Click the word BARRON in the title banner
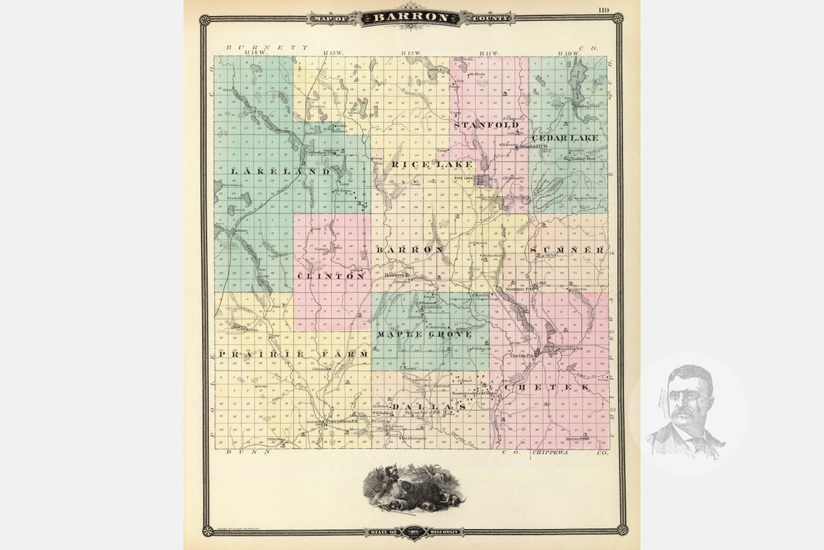tap(409, 17)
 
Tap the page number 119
tap(604, 9)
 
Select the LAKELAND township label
tap(280, 172)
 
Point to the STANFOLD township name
tap(486, 125)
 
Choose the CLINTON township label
tap(330, 276)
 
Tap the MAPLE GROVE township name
tap(424, 334)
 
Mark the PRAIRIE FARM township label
tap(293, 354)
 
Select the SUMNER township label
tap(567, 250)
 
